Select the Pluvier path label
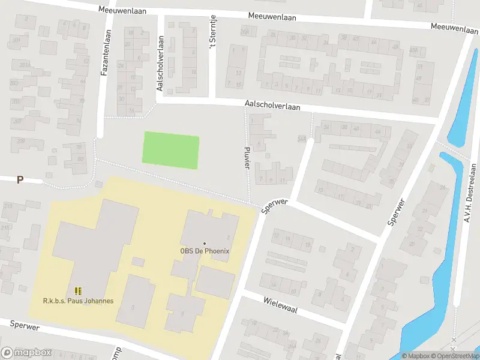click(247, 157)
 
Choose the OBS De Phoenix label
click(205, 251)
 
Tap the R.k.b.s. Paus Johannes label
click(78, 301)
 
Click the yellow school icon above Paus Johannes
click(78, 291)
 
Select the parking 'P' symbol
click(20, 179)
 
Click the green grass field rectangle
click(170, 150)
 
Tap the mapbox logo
click(26, 353)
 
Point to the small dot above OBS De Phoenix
click(205, 243)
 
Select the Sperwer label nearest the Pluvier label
click(275, 206)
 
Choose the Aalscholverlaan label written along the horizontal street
click(272, 106)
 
